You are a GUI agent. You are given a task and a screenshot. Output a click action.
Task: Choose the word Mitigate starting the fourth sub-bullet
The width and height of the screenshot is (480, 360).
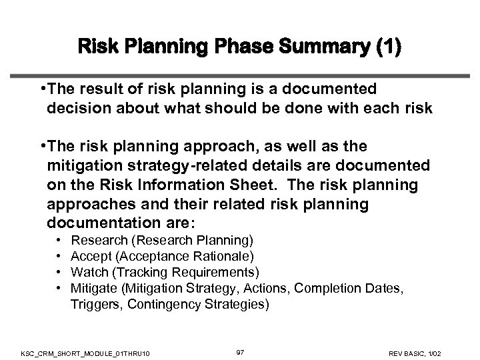[93, 288]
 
